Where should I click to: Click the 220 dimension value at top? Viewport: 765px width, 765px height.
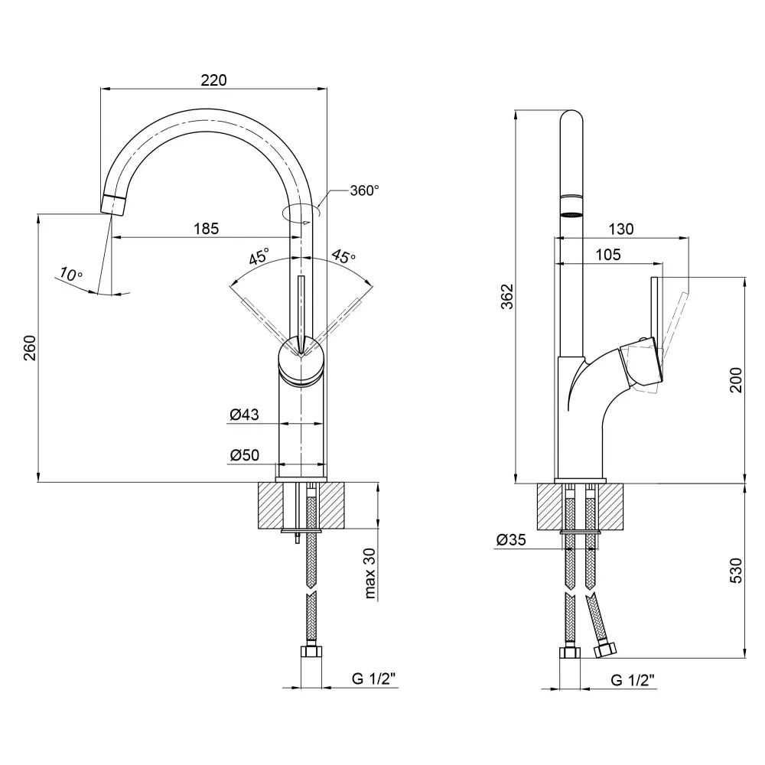(x=214, y=80)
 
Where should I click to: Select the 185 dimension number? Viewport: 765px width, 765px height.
(x=206, y=228)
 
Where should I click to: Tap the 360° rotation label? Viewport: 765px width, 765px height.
(x=364, y=190)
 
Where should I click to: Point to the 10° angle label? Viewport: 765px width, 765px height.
(x=71, y=274)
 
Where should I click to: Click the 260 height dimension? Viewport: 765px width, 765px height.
(x=29, y=350)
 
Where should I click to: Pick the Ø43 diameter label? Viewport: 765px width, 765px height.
(x=244, y=415)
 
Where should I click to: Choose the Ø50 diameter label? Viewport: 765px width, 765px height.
(x=244, y=455)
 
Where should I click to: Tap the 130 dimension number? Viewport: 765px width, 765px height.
(x=621, y=229)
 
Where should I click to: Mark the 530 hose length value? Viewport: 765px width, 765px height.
(x=736, y=571)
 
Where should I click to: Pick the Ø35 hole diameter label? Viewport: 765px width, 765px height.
(x=510, y=540)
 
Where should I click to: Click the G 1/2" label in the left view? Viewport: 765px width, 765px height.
(x=373, y=679)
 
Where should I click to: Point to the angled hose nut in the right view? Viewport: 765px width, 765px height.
(x=604, y=649)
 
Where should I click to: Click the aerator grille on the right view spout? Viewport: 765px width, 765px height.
(x=572, y=211)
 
